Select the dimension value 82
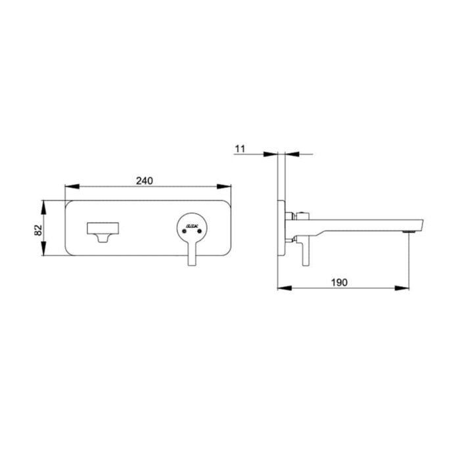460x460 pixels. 38,230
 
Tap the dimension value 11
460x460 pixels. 239,149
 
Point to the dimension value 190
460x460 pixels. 338,282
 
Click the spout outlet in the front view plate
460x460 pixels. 103,231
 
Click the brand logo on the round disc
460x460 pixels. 193,225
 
